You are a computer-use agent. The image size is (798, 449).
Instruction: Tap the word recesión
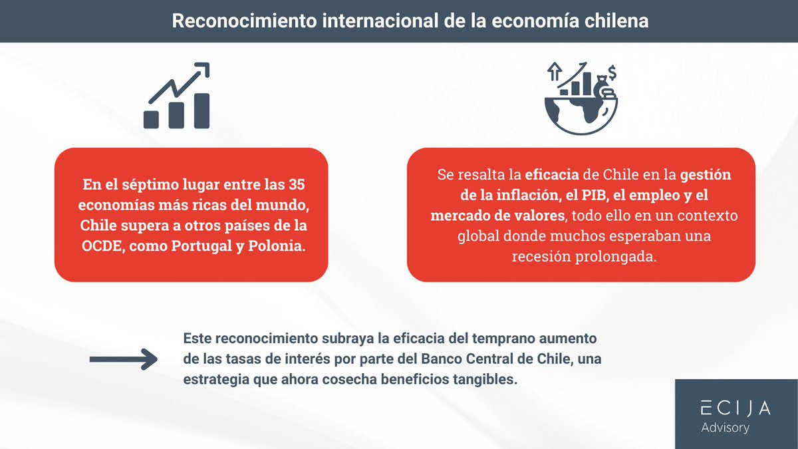tap(541, 257)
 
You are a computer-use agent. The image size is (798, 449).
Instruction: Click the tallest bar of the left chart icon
tap(201, 110)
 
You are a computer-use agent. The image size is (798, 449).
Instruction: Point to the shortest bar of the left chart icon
tap(152, 119)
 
